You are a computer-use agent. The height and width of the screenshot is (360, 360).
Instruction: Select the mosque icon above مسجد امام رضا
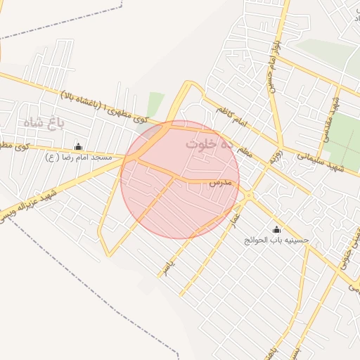tap(77, 147)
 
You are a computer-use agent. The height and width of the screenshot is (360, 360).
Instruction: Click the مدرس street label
tap(219, 182)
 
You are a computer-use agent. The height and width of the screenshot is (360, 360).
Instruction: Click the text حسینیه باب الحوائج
tap(276, 240)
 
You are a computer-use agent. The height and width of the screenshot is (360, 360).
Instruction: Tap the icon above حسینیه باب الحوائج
tap(276, 229)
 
